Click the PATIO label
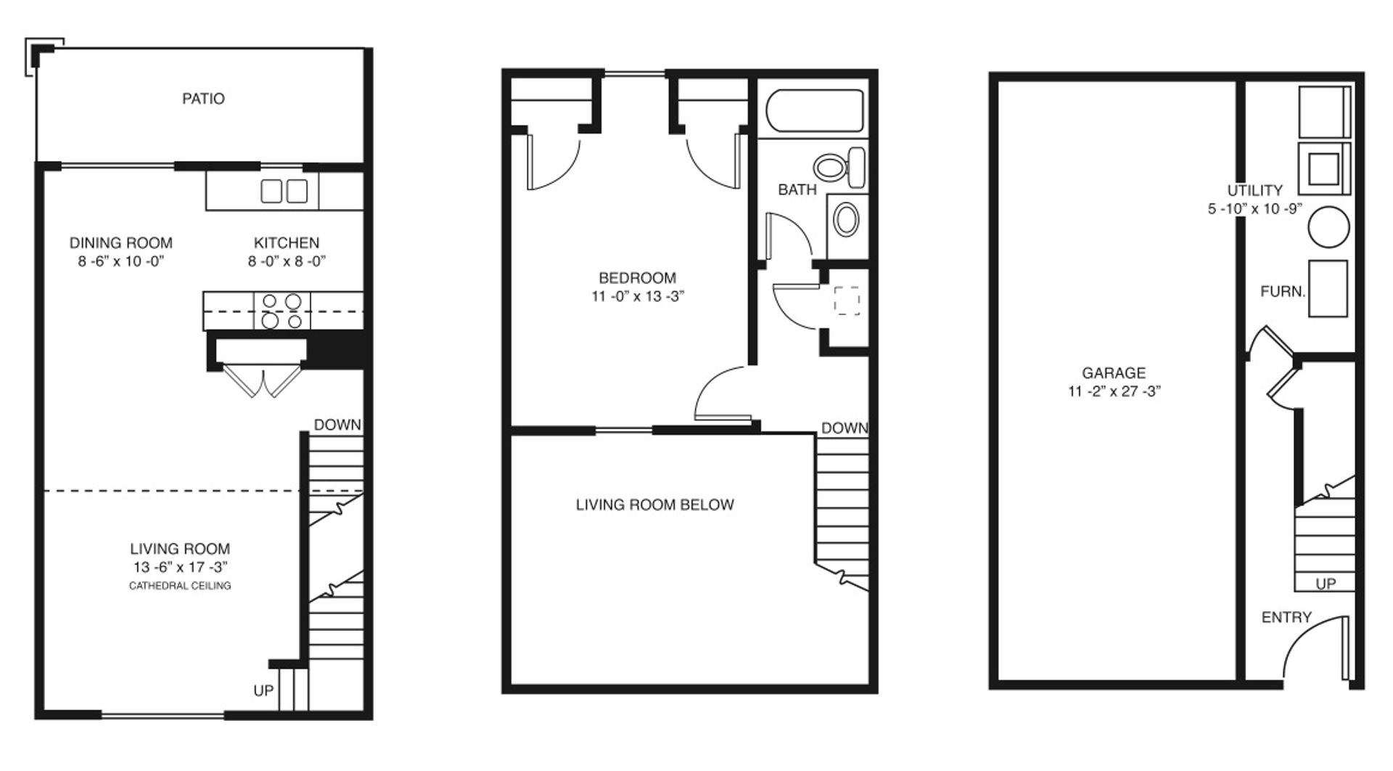(x=203, y=99)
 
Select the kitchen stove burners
(x=282, y=311)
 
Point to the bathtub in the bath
(x=816, y=110)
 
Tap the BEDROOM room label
(x=637, y=278)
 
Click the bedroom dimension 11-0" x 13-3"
(x=638, y=296)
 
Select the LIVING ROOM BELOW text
(x=654, y=505)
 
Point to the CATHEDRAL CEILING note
(x=180, y=586)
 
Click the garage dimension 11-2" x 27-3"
(x=1114, y=391)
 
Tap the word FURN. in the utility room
(x=1283, y=292)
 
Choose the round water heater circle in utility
(x=1328, y=227)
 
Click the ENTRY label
(x=1286, y=617)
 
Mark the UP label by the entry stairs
(x=1326, y=584)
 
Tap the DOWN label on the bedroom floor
(x=845, y=428)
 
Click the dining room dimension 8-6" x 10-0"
(x=121, y=261)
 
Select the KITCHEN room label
(x=287, y=242)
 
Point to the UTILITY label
(x=1255, y=190)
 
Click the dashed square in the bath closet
(x=847, y=300)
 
